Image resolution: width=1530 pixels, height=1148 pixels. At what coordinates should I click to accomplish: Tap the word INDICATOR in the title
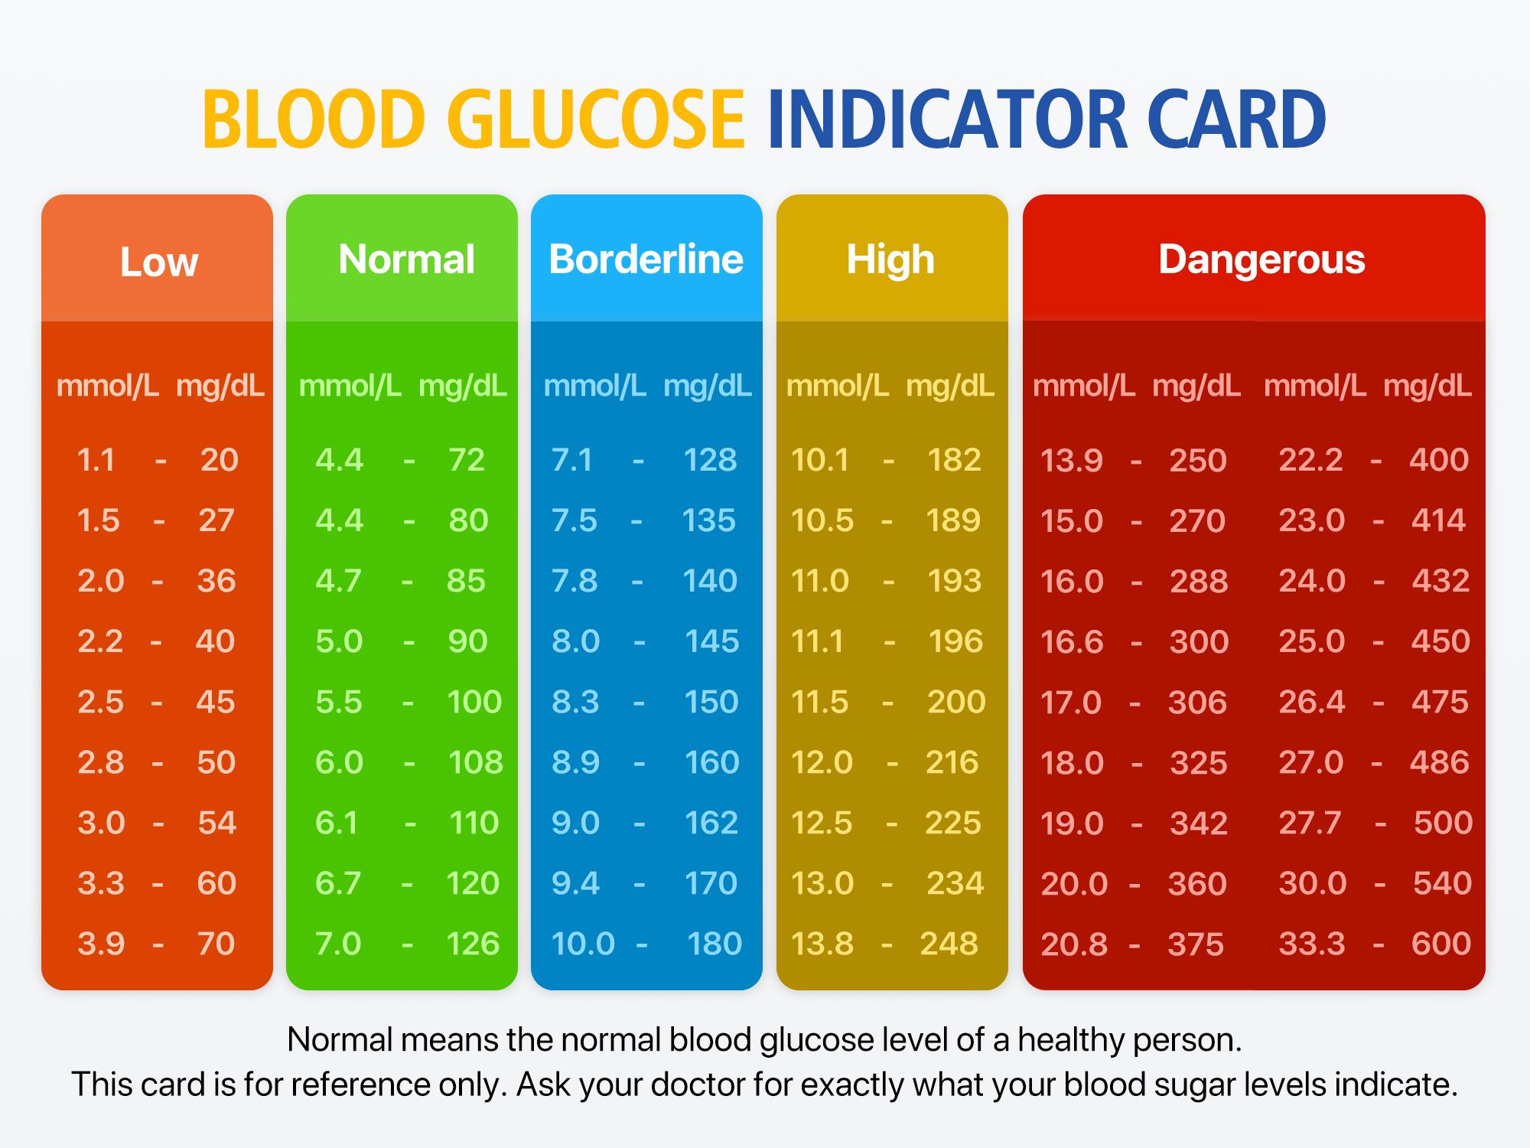point(945,120)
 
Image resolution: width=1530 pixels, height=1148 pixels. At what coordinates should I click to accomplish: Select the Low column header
point(158,262)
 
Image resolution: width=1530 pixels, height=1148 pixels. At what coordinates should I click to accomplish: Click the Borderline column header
point(646,259)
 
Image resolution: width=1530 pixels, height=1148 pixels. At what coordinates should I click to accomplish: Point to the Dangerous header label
point(1261,259)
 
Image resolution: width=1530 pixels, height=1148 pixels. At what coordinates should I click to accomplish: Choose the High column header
point(890,259)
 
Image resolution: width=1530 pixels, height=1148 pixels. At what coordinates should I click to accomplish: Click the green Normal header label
point(406,259)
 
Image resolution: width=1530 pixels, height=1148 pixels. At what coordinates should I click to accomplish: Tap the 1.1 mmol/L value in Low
point(96,460)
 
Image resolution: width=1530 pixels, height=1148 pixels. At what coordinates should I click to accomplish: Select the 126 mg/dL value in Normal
point(474,944)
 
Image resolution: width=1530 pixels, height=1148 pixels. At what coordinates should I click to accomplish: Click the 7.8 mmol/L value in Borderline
point(575,581)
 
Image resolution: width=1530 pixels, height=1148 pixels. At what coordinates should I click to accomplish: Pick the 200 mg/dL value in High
point(956,702)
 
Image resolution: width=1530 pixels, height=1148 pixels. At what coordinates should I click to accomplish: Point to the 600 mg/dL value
point(1440,944)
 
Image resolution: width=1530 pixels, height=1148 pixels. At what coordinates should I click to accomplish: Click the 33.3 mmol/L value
point(1311,944)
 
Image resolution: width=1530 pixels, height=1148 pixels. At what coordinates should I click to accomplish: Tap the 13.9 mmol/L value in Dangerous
point(1071,460)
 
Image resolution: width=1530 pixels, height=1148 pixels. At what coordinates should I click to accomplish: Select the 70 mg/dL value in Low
point(216,944)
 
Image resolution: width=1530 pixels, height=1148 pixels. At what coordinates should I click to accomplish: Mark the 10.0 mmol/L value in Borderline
point(583,944)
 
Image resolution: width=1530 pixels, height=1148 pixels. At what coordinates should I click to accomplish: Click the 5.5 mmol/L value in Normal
point(339,702)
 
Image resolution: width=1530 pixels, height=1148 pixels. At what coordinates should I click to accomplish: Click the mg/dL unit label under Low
point(220,386)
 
